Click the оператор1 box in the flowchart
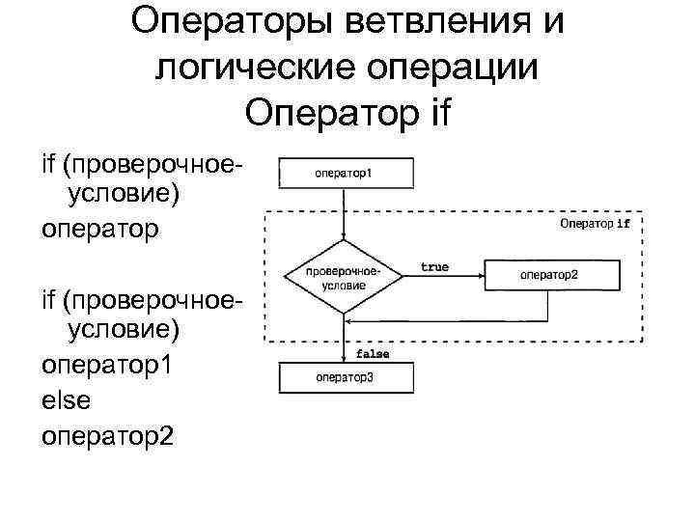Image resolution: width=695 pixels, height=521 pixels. [x=346, y=174]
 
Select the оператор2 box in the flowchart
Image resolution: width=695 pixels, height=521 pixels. [x=548, y=274]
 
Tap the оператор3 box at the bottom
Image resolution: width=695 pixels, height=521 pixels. [x=346, y=376]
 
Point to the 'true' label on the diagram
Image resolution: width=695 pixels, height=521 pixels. [x=434, y=266]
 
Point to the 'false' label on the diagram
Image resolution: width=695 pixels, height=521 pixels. [x=373, y=354]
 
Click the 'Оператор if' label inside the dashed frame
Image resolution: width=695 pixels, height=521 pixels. [x=595, y=224]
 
